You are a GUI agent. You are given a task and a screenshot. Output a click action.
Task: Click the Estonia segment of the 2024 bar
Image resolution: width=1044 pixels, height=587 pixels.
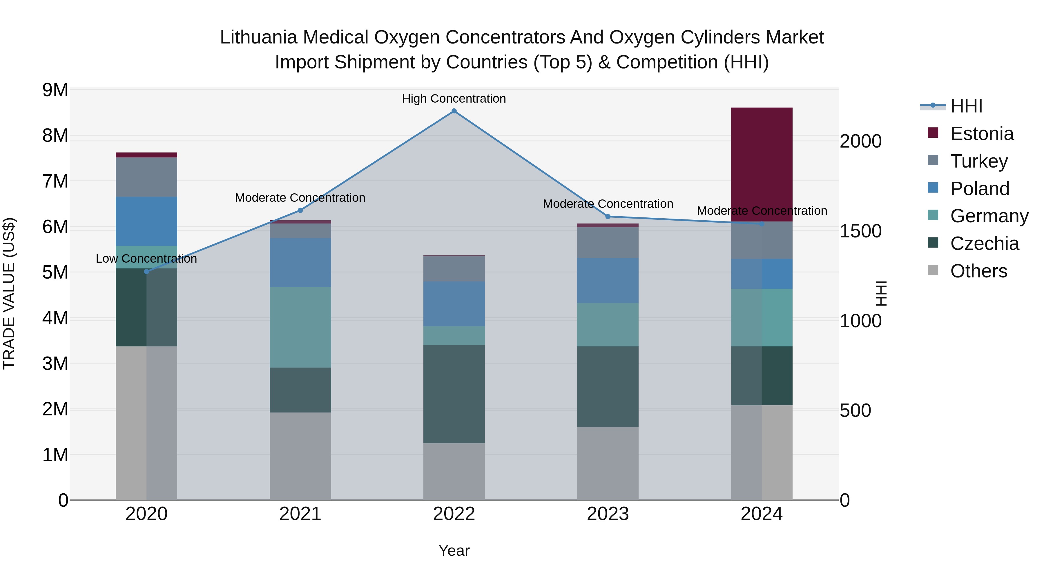761,164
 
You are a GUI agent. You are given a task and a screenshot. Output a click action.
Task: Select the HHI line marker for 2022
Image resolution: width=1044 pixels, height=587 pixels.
454,111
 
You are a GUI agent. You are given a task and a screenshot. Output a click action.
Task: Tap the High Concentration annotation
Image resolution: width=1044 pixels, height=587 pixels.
454,99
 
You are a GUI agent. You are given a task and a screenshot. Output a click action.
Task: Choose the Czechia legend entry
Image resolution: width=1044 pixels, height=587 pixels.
984,243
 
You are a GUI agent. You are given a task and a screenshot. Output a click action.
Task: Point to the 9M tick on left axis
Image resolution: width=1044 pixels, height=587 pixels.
55,90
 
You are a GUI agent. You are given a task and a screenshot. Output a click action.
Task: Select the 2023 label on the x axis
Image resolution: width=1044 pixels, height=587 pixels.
608,514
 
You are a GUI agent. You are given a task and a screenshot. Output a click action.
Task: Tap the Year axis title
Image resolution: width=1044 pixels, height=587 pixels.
454,550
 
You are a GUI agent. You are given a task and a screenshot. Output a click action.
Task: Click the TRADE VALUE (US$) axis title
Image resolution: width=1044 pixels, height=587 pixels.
9,293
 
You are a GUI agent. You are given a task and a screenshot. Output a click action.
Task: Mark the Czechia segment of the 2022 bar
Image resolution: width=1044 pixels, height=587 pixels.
454,394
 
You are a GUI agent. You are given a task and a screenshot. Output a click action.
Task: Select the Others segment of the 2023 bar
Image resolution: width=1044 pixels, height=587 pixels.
608,463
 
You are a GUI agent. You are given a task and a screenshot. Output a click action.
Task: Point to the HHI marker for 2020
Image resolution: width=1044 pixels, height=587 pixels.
147,271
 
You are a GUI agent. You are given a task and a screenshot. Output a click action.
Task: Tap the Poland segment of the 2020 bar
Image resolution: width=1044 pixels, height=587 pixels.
146,221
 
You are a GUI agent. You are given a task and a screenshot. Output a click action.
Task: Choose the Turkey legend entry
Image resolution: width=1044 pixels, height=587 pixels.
978,161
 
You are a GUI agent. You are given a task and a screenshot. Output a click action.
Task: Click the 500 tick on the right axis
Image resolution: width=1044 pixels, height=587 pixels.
855,410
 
